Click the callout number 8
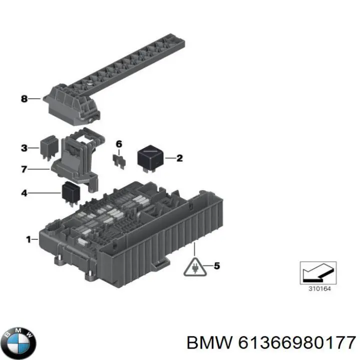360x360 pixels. pos(23,98)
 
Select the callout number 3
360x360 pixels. pos(23,147)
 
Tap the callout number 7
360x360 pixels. pos(23,169)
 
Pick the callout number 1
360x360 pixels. pos(28,239)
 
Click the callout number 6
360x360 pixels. pos(118,144)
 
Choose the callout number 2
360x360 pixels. pos(179,158)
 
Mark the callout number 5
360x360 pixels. pos(216,265)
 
